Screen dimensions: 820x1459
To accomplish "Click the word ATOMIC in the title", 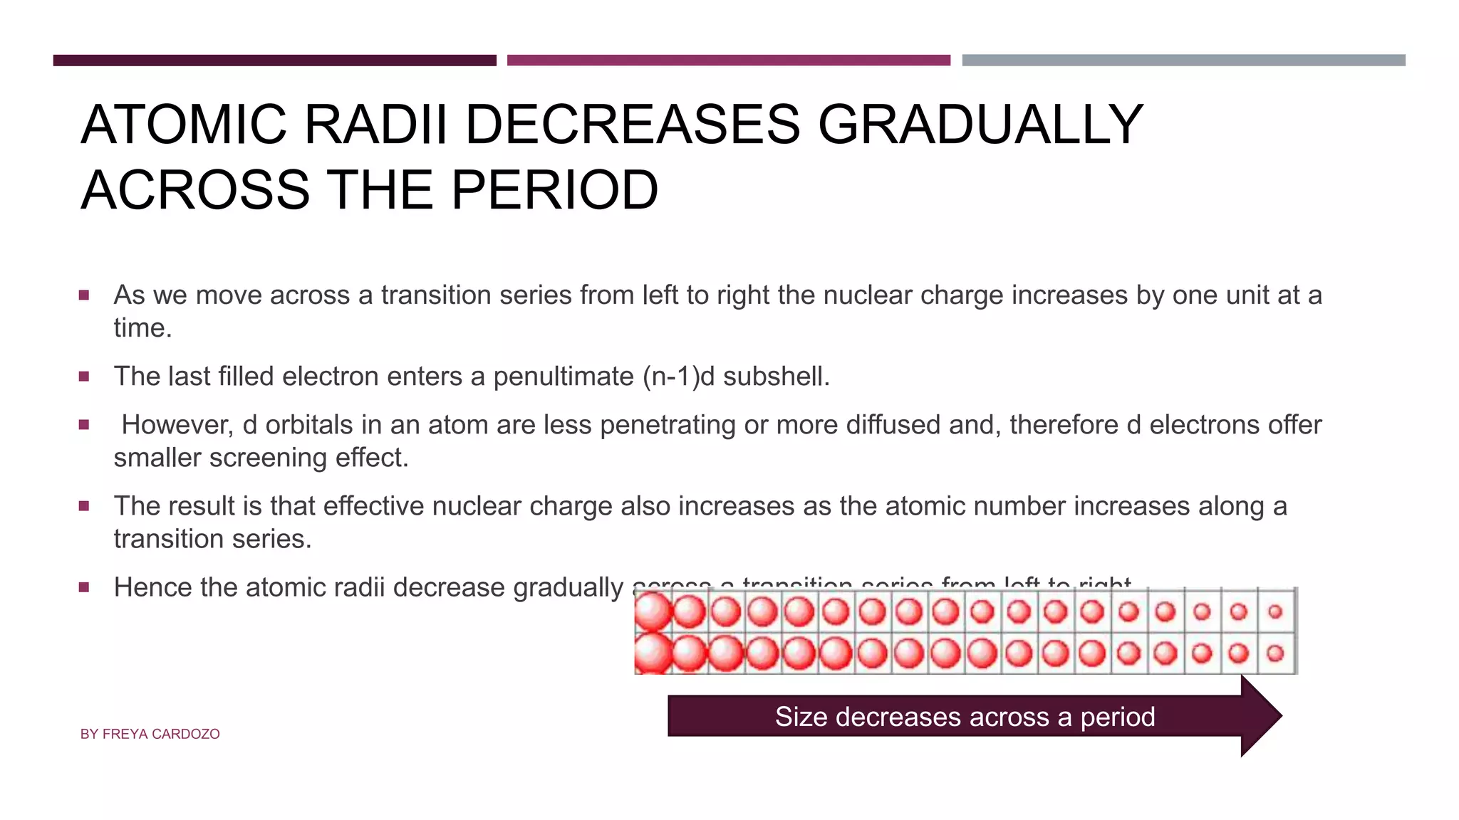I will coord(184,125).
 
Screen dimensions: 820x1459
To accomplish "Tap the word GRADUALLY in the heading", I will coord(980,125).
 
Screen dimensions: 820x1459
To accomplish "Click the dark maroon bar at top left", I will coord(274,61).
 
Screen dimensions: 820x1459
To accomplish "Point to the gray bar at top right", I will coord(1183,61).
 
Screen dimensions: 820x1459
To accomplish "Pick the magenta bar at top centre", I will coord(728,61).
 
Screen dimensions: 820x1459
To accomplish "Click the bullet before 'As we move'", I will coord(84,295).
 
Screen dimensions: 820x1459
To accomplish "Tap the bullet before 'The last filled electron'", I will coord(84,377).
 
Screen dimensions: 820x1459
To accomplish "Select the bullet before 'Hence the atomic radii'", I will coord(84,587).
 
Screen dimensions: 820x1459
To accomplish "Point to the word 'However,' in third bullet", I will coord(177,425).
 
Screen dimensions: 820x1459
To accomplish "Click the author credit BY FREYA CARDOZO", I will coord(150,734).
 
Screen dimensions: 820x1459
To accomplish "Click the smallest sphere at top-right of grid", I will coord(1275,611).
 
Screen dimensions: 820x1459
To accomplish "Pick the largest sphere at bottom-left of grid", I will coord(653,653).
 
